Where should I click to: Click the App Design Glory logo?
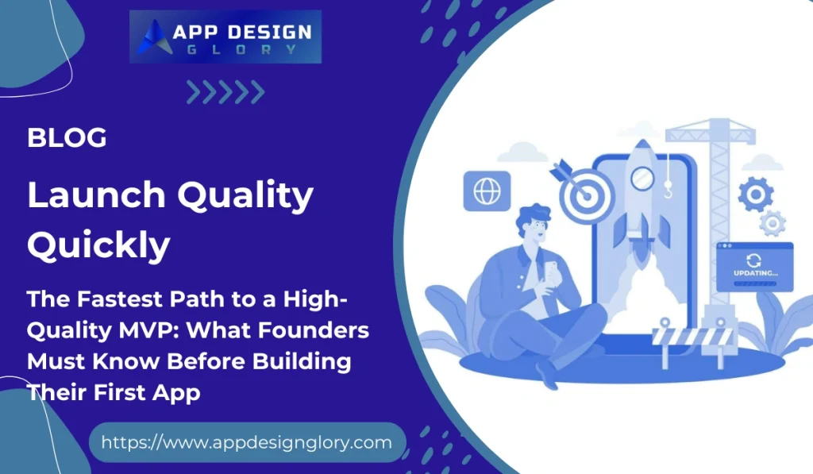tap(225, 37)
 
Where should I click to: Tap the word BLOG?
tap(67, 137)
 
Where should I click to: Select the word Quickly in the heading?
tap(98, 245)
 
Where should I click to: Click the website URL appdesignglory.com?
tap(247, 442)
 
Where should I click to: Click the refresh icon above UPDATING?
tap(753, 259)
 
